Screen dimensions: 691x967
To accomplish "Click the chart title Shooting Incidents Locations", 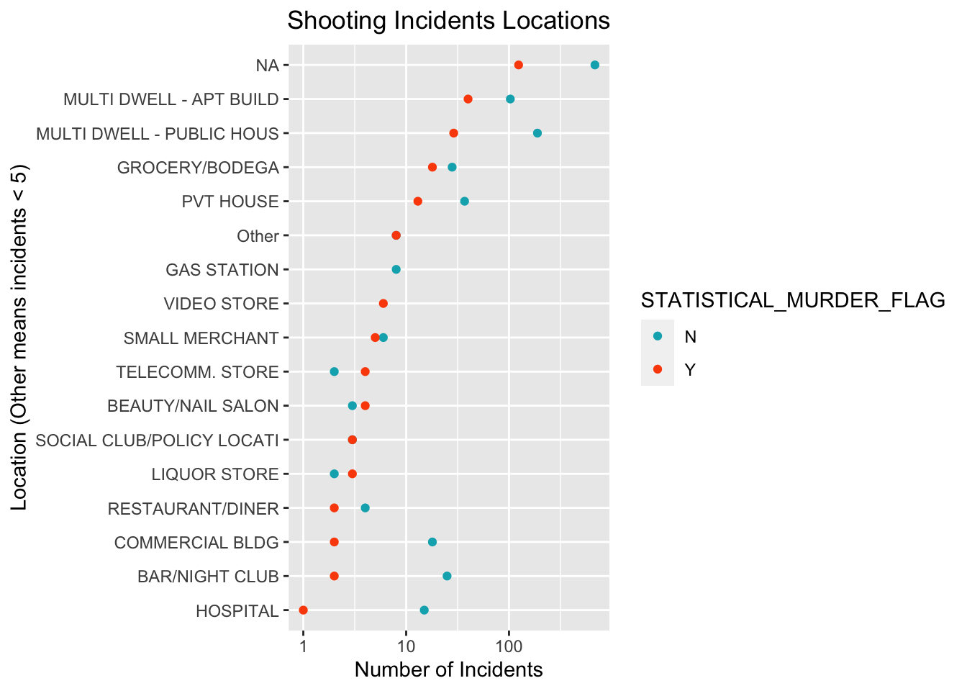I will point(448,20).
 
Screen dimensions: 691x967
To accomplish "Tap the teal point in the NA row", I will point(594,65).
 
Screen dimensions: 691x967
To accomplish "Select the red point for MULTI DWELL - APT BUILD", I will point(468,99).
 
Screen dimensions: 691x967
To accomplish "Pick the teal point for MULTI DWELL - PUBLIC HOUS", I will point(537,133).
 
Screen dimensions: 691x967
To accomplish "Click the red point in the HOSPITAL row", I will point(303,610).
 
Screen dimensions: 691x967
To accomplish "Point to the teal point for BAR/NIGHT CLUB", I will point(447,576).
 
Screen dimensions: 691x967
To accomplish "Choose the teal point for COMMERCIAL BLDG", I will point(432,542).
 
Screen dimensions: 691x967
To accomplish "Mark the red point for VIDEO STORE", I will point(383,303).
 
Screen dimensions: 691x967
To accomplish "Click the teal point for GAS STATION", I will point(396,269).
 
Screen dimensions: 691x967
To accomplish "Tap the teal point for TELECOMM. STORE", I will point(334,371).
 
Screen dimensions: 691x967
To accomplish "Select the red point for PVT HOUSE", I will point(417,201).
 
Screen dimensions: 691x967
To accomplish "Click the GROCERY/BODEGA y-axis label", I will point(198,168).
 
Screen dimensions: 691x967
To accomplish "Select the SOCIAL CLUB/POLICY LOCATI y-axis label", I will point(157,440).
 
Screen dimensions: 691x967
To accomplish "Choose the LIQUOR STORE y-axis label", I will point(215,474).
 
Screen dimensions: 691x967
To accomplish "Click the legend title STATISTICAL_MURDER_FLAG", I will point(793,301).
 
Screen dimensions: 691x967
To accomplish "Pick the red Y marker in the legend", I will point(657,369).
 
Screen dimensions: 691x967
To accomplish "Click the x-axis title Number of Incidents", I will point(448,670).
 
